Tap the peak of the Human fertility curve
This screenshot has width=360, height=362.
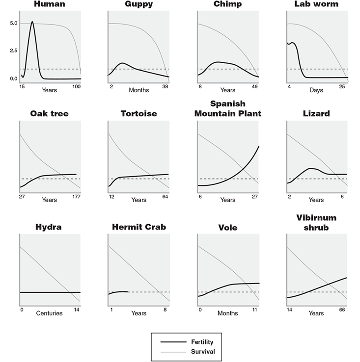[x=32, y=22]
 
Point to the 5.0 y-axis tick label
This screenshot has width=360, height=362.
[x=13, y=24]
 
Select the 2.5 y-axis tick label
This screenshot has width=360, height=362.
[x=13, y=51]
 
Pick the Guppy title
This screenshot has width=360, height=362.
[x=139, y=4]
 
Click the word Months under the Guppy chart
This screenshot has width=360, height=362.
[x=139, y=90]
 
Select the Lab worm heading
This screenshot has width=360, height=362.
[x=316, y=4]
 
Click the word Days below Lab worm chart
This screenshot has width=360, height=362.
[x=316, y=90]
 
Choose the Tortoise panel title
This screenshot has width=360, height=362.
[x=139, y=114]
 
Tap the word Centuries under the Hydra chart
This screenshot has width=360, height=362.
[x=49, y=313]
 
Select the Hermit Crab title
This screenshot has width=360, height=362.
[x=139, y=227]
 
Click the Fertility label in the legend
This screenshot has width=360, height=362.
[x=201, y=342]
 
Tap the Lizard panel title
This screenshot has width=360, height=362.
[x=316, y=114]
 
